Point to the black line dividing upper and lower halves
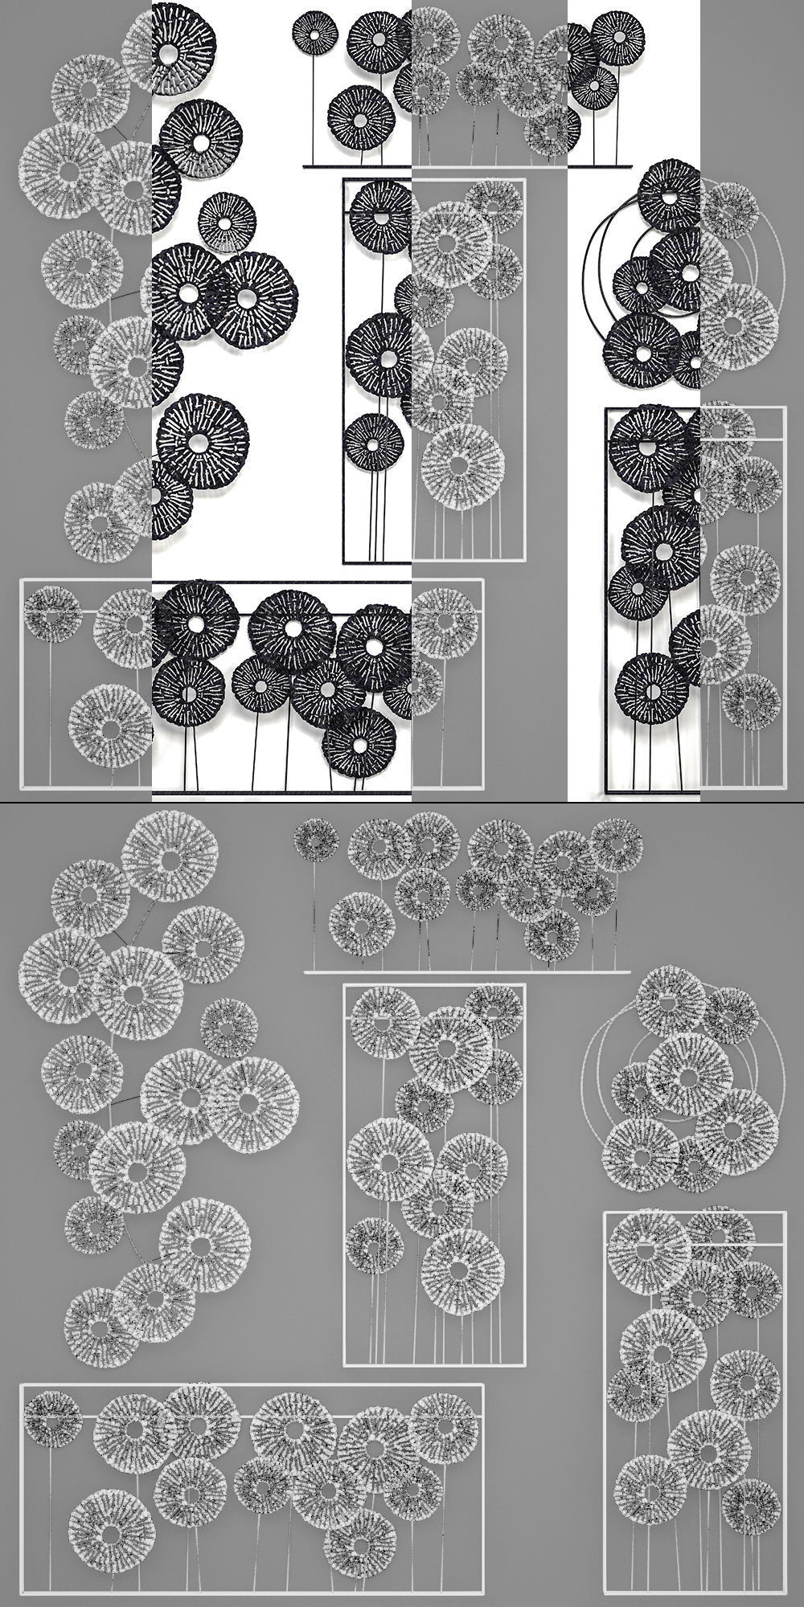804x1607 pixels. click(x=402, y=802)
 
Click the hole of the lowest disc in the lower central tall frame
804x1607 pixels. click(x=459, y=1271)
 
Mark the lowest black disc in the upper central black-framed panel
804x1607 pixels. click(x=372, y=442)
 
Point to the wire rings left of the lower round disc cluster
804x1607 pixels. click(x=593, y=1069)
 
